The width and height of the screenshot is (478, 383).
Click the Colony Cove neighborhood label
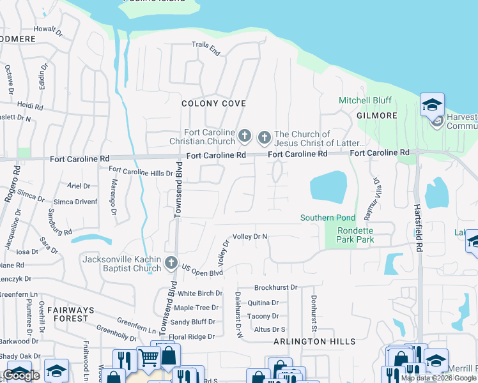[214, 103]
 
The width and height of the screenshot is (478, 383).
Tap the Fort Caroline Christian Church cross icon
[245, 136]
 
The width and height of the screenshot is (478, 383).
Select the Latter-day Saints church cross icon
[264, 137]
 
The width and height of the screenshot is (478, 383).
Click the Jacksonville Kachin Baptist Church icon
[171, 262]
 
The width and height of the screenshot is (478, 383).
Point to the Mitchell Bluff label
[365, 100]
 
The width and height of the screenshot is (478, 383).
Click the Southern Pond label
[328, 218]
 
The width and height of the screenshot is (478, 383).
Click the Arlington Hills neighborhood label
[314, 342]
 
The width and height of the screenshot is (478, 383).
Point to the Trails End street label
[206, 49]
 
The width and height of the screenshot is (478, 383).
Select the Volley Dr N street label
[250, 236]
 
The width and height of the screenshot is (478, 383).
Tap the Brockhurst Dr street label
[276, 288]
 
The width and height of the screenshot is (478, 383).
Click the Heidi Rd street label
[29, 105]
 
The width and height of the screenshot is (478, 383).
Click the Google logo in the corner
[21, 375]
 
